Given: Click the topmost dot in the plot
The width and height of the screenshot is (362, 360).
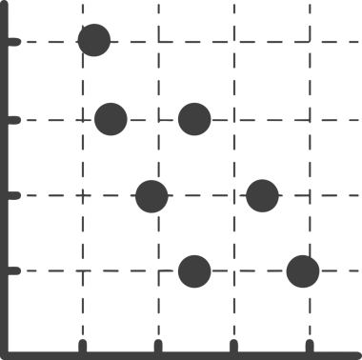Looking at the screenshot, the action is [93, 41].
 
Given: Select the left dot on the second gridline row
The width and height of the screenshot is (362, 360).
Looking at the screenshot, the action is [111, 119].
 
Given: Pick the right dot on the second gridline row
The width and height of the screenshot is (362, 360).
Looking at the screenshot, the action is [194, 119].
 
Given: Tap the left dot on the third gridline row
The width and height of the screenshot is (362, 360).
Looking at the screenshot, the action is [151, 196].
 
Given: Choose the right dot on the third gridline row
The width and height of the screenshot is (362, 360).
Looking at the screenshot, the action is [262, 196].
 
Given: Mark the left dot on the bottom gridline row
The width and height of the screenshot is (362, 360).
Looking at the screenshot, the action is [194, 270].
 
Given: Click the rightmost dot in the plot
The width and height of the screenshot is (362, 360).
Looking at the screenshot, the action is [304, 270].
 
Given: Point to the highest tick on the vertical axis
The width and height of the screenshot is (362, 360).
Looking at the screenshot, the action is [13, 42].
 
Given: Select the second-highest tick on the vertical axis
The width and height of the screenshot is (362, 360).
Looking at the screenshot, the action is [13, 119].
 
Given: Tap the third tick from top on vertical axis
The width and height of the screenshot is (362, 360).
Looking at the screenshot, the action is [13, 196].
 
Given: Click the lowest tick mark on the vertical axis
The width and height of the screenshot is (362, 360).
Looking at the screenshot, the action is [13, 270].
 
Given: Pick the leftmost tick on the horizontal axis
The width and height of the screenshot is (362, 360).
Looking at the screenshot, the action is [82, 343].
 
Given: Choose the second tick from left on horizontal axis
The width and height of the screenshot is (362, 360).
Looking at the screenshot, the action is [157, 343].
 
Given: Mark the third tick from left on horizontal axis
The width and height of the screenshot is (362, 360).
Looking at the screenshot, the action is [232, 343].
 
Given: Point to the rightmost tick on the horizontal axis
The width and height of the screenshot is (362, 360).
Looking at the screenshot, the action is [308, 343].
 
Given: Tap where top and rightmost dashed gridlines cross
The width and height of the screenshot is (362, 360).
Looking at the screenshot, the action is [308, 42].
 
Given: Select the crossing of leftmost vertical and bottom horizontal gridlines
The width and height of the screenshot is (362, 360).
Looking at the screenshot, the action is [82, 270].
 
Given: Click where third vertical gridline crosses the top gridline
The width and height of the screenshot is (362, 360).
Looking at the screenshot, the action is [232, 42].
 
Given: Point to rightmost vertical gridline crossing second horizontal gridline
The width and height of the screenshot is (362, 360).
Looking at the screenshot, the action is [308, 119].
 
